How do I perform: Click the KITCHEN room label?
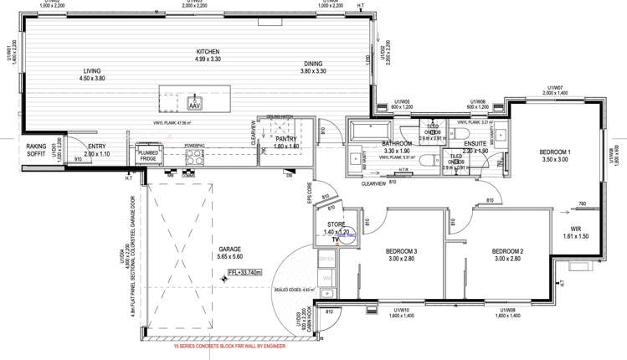(208, 50)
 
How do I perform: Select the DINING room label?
(313, 63)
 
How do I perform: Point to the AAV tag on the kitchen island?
(194, 106)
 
